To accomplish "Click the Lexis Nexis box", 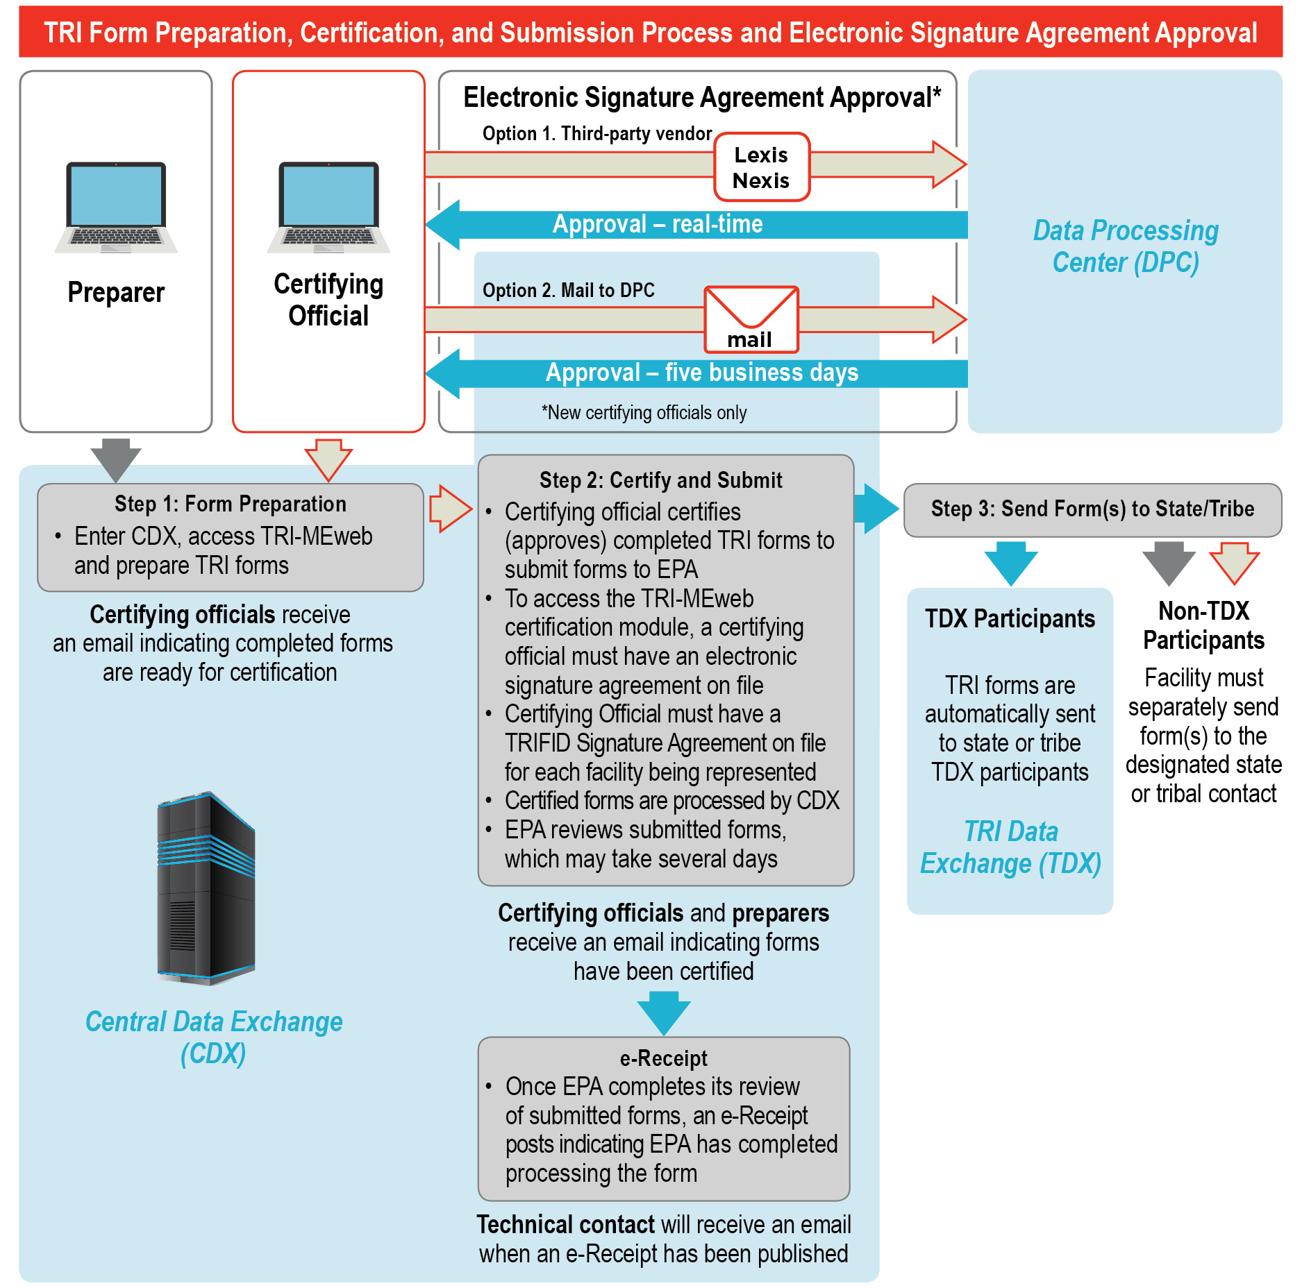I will (762, 167).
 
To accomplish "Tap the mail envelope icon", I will (751, 319).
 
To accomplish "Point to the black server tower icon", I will (206, 888).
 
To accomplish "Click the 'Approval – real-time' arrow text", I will (658, 224).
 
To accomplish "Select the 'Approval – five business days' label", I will (701, 373).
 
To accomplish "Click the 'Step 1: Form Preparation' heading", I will (231, 504).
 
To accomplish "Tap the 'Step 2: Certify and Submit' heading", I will (660, 480).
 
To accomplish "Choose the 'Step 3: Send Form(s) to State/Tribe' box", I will (1092, 509).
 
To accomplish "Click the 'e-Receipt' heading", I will (663, 1058).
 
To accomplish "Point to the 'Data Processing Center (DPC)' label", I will (1126, 246).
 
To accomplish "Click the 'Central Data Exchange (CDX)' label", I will (214, 1037).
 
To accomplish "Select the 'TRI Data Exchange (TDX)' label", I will (1010, 847).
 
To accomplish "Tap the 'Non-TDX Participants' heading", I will (1203, 625).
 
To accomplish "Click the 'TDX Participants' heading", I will (1010, 618).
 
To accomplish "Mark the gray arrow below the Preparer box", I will (116, 458).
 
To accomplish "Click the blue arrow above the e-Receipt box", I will (664, 1012).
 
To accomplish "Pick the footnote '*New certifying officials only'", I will (644, 413).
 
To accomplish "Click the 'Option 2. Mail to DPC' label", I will (568, 290).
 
